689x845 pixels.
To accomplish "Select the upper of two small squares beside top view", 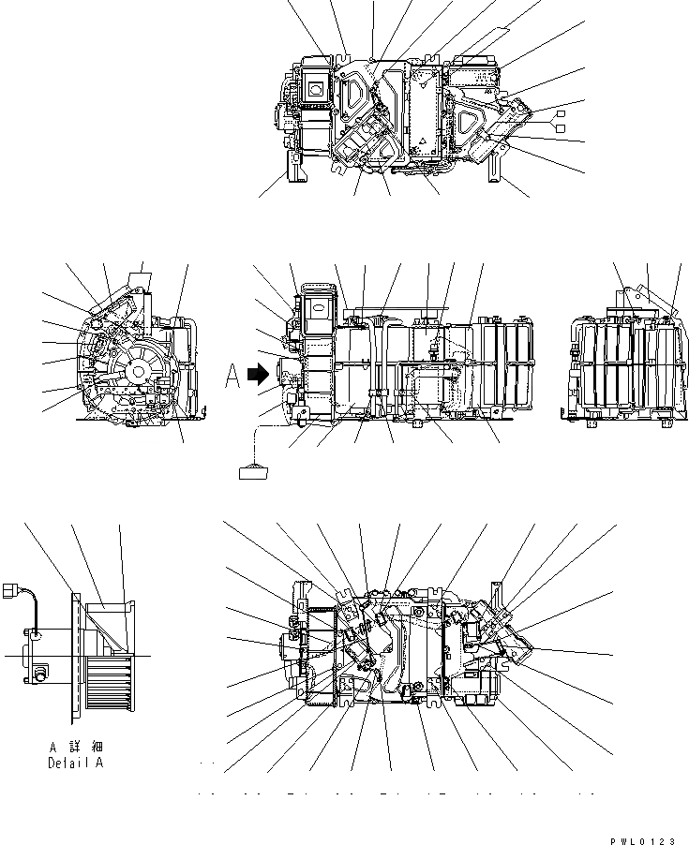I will (x=562, y=113).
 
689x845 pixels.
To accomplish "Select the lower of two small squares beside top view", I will (x=562, y=126).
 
